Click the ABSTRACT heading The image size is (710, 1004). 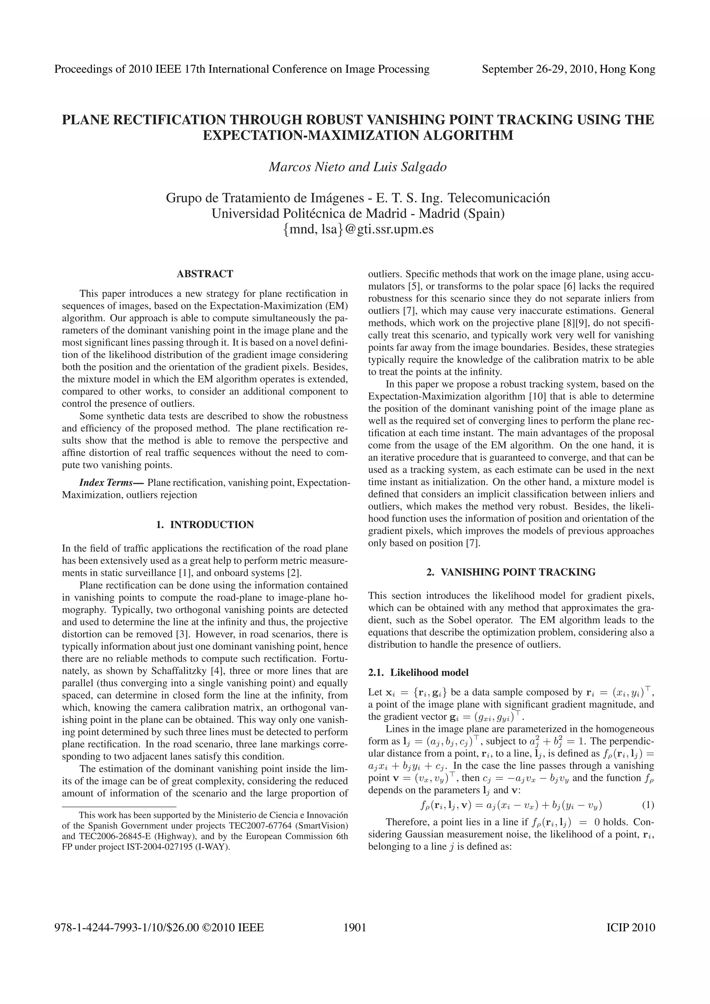(205, 274)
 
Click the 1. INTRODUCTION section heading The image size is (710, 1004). (205, 525)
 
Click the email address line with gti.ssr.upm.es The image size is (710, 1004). (358, 229)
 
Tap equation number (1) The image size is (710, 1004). (648, 805)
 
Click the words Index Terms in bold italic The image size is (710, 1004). (105, 483)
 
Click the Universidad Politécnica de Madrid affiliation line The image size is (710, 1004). (358, 214)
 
